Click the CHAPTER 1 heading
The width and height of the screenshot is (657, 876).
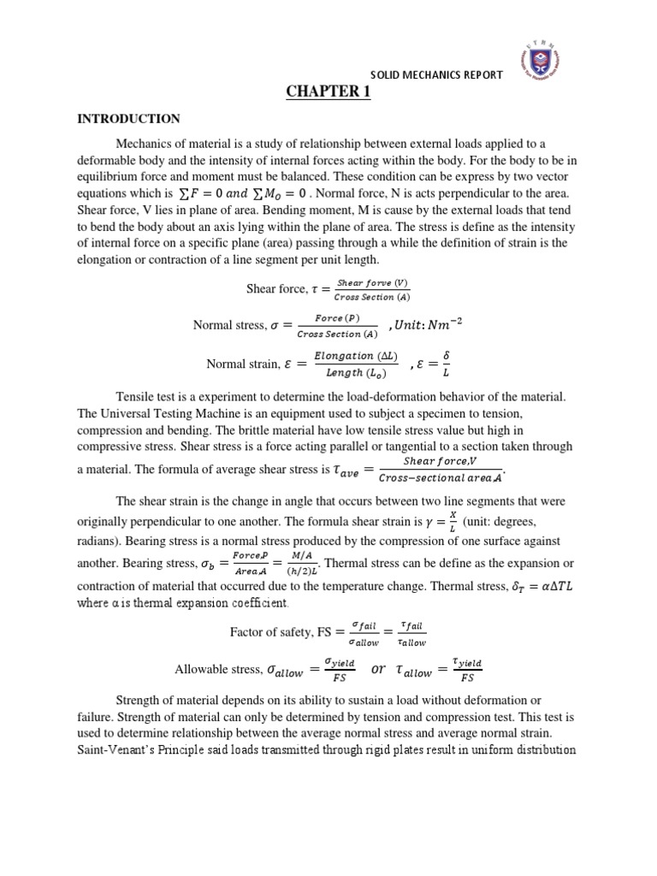click(x=328, y=92)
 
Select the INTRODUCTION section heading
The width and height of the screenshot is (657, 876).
click(x=128, y=119)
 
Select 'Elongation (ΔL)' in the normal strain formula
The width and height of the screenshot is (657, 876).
click(x=350, y=355)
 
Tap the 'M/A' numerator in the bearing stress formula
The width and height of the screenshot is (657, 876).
click(x=304, y=553)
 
